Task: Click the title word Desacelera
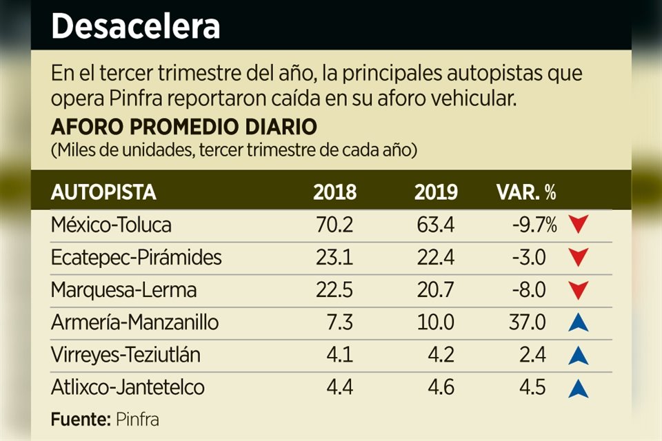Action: click(x=136, y=27)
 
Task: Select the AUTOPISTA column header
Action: click(x=103, y=193)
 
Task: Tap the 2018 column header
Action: click(x=334, y=193)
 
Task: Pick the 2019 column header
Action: click(x=436, y=193)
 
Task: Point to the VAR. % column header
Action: click(x=526, y=193)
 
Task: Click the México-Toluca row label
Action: click(x=111, y=225)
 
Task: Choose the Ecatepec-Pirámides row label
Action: click(x=137, y=258)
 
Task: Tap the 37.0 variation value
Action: click(x=529, y=322)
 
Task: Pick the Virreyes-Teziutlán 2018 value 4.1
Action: click(x=340, y=355)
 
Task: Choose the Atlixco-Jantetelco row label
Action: click(x=128, y=387)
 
